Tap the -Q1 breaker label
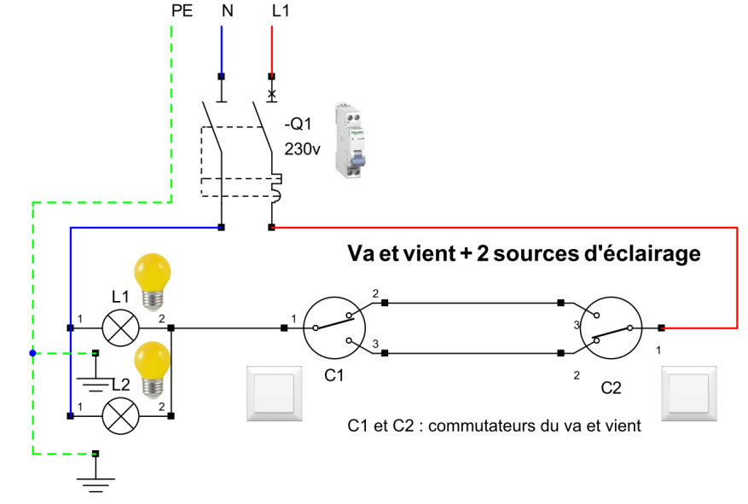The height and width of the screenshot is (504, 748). (x=299, y=125)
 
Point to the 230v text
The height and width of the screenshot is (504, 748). (x=302, y=148)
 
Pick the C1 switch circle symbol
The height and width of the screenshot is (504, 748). (x=334, y=327)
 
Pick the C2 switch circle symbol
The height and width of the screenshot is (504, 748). (x=611, y=327)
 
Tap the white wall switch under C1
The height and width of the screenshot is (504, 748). (x=274, y=393)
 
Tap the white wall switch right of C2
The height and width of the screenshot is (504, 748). (x=690, y=393)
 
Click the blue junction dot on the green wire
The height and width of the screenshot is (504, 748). (x=32, y=353)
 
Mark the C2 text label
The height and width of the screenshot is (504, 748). (x=612, y=388)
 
